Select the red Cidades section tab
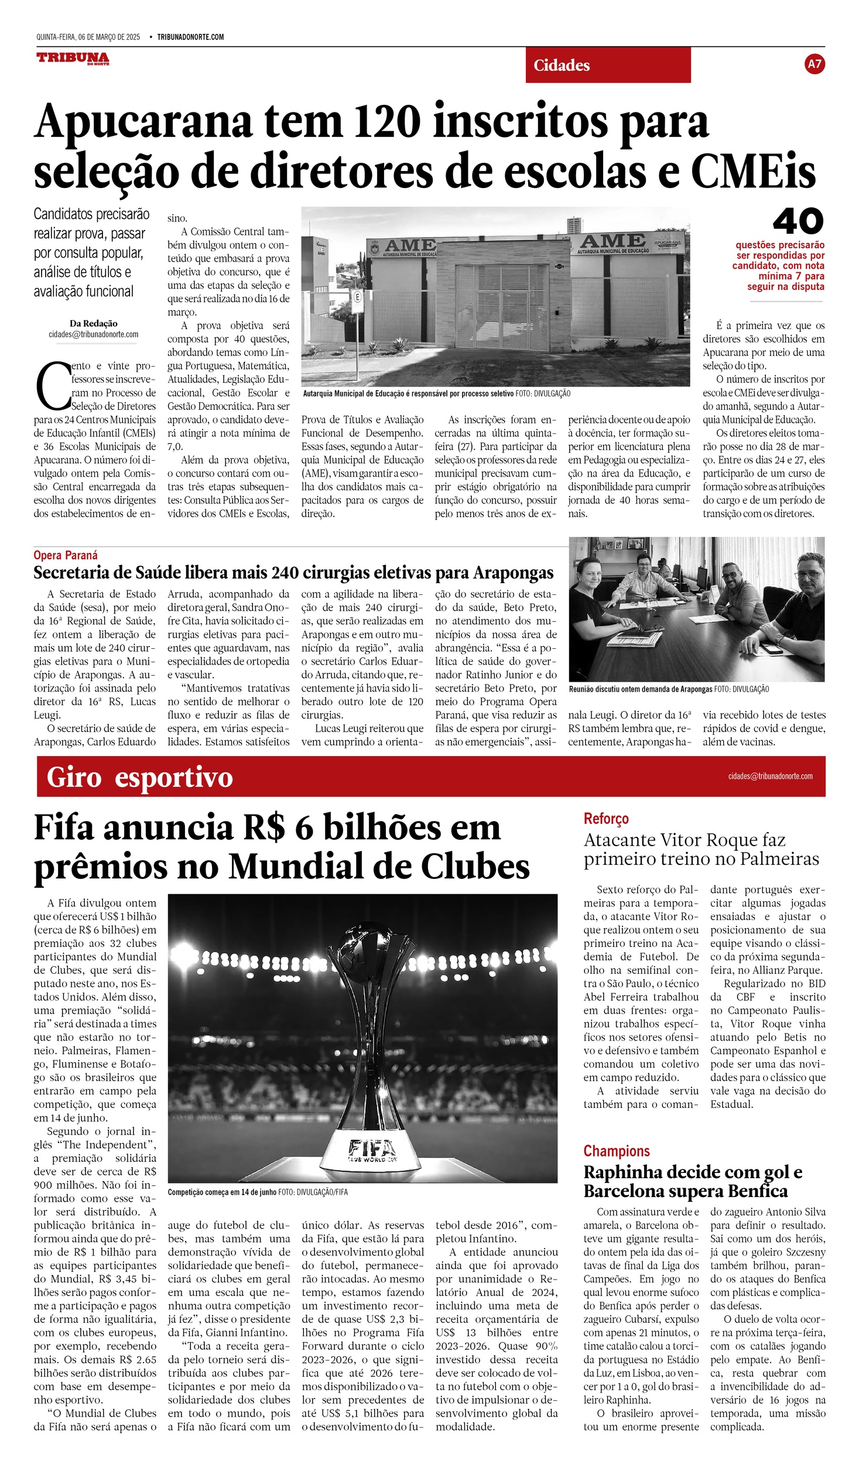[608, 65]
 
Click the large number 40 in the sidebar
[798, 221]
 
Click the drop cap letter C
[53, 386]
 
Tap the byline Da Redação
[94, 323]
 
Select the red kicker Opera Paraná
[66, 555]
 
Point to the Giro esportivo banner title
[139, 777]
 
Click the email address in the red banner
[770, 776]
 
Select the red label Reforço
[606, 819]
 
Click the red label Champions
[617, 1151]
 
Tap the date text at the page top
[88, 37]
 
